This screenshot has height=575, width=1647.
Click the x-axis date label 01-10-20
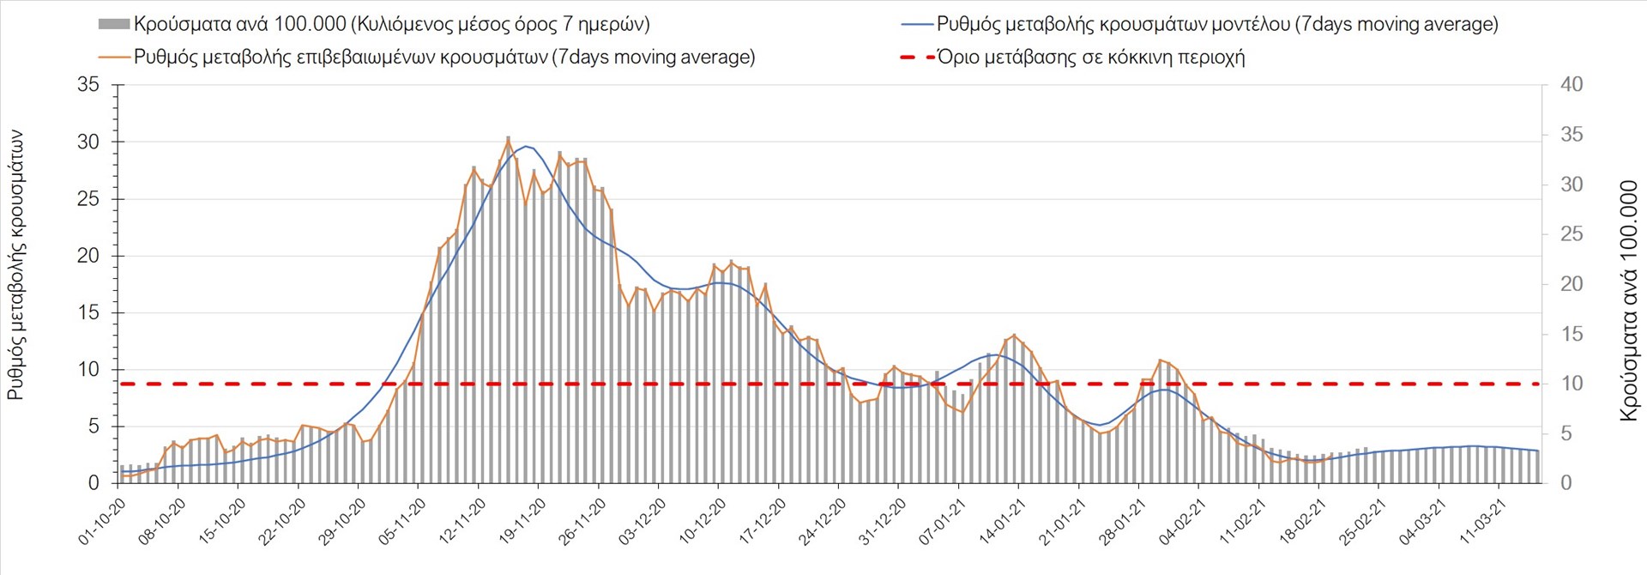click(x=102, y=523)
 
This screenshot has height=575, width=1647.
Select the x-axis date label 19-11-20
click(x=522, y=523)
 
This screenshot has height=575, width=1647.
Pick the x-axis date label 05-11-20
click(x=402, y=523)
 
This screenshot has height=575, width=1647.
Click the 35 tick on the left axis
click(x=88, y=85)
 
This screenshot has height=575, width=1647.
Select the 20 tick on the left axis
click(x=88, y=256)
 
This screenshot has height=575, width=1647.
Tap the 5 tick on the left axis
click(x=94, y=427)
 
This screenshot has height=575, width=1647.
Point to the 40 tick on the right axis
click(x=1572, y=85)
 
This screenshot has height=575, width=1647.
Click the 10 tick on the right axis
click(x=1572, y=384)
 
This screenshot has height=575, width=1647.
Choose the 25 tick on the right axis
click(x=1572, y=234)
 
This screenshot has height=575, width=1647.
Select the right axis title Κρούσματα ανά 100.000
click(x=1628, y=300)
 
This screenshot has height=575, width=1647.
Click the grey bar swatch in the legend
click(x=114, y=24)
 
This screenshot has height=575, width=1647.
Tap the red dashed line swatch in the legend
click(x=917, y=57)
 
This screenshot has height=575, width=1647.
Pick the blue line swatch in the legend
click(x=917, y=24)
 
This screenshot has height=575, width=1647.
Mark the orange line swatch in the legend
click(x=115, y=57)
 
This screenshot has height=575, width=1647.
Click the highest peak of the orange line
click(x=508, y=138)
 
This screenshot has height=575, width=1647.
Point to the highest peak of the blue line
click(x=525, y=146)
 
